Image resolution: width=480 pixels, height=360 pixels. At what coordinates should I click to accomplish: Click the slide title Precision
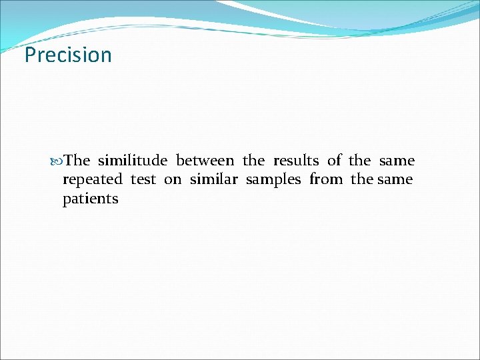pos(68,55)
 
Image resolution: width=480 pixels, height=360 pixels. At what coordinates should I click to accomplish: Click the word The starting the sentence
pos(78,161)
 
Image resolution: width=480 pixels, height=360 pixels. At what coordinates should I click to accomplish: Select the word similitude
pos(133,161)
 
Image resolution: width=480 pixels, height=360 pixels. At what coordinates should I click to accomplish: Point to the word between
pos(205,161)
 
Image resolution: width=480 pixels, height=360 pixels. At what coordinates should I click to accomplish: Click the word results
pos(296,161)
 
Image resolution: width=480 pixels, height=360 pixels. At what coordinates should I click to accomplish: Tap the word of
pos(335,161)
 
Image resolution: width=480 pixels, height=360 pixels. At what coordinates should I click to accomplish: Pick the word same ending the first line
pos(397,161)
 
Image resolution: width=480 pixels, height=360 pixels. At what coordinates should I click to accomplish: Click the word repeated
pos(93,180)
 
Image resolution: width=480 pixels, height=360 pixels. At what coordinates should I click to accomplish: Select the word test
pos(143,179)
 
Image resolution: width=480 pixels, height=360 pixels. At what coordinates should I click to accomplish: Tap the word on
pos(173,179)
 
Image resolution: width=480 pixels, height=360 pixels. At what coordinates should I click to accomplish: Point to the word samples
pos(273,180)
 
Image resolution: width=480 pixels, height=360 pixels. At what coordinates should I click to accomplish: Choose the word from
pos(326,179)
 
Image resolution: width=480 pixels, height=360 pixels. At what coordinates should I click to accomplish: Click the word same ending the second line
pos(395,179)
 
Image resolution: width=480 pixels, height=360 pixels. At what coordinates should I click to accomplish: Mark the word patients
pos(91,199)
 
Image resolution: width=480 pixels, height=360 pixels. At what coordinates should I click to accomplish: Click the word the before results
pos(253,161)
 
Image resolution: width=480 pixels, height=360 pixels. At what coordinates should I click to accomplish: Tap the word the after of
pos(360,161)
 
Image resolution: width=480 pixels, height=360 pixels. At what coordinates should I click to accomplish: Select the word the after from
pos(363,179)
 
